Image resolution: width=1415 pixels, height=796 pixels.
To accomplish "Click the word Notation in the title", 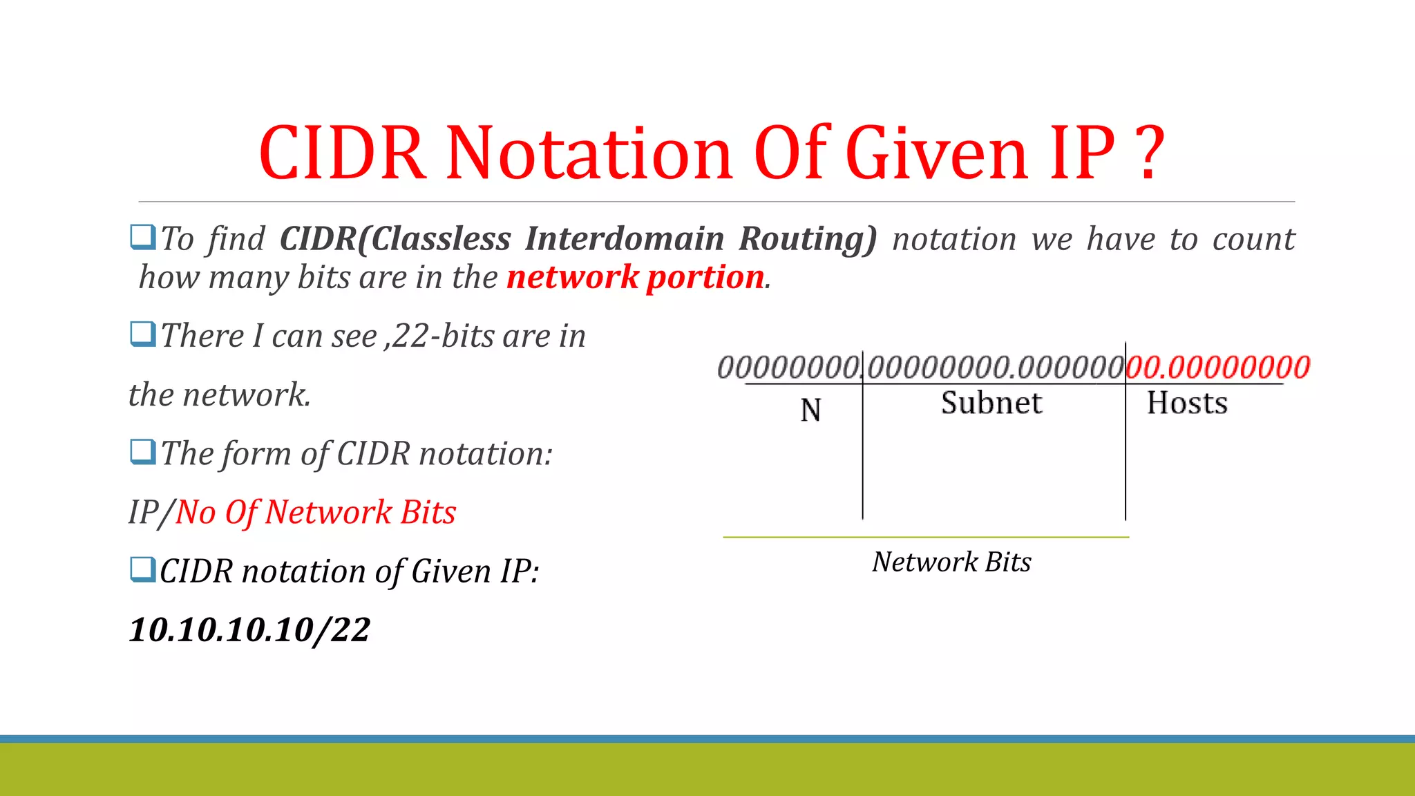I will [x=589, y=153].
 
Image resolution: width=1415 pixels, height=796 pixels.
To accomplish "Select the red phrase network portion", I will [x=635, y=277].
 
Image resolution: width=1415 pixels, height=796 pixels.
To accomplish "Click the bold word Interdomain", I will [x=624, y=238].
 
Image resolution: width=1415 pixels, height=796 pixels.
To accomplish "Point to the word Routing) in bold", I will [x=807, y=238].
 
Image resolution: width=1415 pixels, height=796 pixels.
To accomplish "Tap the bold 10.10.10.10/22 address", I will [x=249, y=629].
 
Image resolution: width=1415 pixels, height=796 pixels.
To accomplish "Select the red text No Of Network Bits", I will [x=316, y=512].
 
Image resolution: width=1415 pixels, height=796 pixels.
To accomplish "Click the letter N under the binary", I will [x=810, y=410].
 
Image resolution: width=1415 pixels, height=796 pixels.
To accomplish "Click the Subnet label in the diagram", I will [x=991, y=403].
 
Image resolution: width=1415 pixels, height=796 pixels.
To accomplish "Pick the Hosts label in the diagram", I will [x=1187, y=403].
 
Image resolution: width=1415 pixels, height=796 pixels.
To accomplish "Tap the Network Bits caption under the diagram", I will [x=951, y=562].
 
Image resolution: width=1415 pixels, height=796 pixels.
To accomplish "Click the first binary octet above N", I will [x=788, y=367].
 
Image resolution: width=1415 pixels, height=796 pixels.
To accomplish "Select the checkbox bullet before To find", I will [x=142, y=237].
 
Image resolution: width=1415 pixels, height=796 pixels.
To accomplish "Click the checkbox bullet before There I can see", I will [x=142, y=334].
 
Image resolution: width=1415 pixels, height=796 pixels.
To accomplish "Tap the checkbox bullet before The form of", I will [x=142, y=453].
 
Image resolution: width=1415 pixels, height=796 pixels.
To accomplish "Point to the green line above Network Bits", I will [x=926, y=537].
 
